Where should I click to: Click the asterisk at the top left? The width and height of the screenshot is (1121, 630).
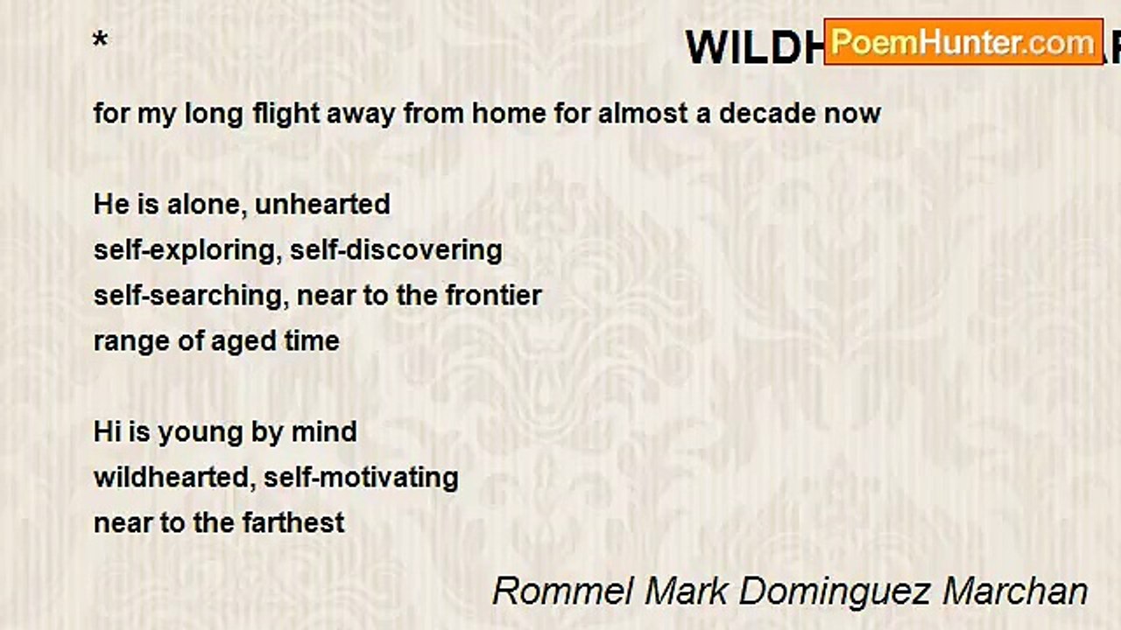tap(101, 40)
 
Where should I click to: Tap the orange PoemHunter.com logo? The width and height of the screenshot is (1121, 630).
tap(962, 42)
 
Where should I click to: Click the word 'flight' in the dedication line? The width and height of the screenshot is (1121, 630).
tap(286, 113)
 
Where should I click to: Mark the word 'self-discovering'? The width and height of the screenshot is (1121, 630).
tap(396, 249)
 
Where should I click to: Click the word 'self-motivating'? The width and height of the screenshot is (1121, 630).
tap(361, 477)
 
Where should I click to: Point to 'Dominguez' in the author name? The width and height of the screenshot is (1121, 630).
tap(835, 591)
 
